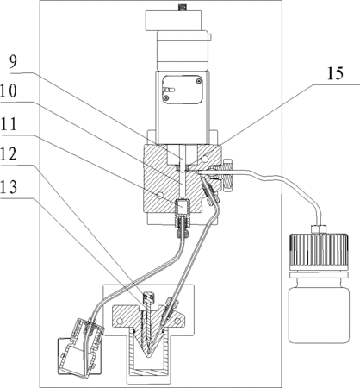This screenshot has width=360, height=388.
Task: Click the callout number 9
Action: coord(13,62)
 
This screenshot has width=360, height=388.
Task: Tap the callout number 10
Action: coord(9,91)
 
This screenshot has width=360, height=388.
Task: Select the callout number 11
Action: coord(9,124)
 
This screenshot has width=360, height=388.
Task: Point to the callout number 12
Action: coord(9,153)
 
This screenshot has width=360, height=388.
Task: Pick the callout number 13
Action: coord(9,187)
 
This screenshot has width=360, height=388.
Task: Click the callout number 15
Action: coord(335,73)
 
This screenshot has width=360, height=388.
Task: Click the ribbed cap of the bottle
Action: coord(319,252)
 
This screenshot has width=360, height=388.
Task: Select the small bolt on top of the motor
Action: coord(182,7)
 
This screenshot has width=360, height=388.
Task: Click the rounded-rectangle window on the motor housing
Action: coord(183,90)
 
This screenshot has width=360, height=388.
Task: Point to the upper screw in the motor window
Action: coord(199,81)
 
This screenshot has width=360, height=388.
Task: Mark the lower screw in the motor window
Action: coord(166,98)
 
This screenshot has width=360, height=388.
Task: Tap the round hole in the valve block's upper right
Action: coord(205,159)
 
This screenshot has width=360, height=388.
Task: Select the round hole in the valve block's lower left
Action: coord(159,195)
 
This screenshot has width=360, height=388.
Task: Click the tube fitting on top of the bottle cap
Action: coord(319,229)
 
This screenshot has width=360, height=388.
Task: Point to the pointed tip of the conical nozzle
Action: coord(148,356)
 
